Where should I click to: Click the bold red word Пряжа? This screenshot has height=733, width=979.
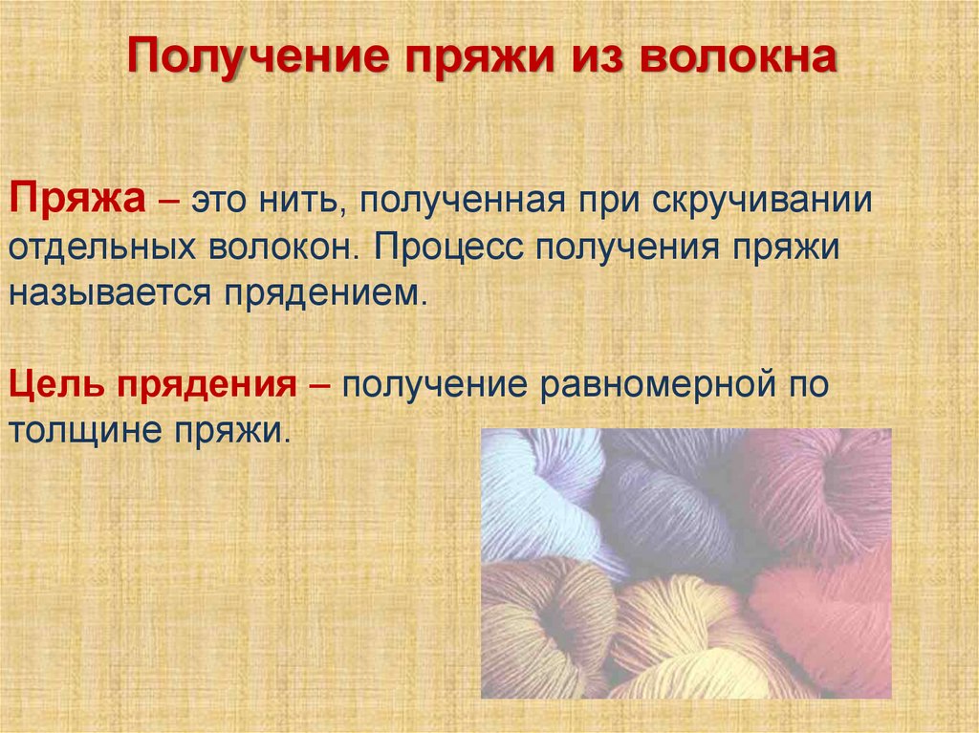(77, 202)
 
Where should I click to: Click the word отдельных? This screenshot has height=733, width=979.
(101, 248)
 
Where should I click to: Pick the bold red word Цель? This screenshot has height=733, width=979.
(56, 384)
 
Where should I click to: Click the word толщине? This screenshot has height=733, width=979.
(84, 431)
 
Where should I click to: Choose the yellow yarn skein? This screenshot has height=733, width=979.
(686, 643)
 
